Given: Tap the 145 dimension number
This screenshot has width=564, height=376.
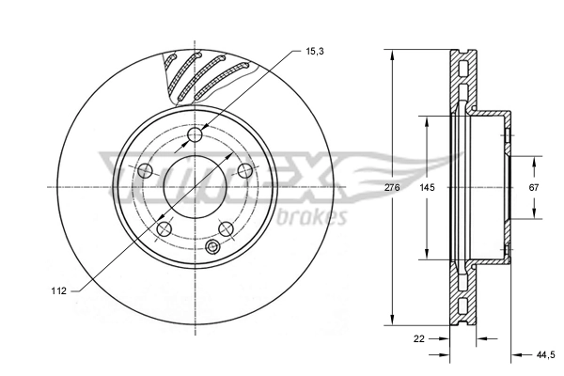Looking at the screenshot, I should [427, 188].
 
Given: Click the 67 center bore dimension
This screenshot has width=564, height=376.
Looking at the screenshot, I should [533, 188].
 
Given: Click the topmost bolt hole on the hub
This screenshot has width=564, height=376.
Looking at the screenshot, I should [196, 137].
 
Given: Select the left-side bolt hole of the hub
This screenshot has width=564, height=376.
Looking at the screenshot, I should [146, 171].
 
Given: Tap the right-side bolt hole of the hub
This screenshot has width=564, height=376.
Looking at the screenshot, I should [245, 171].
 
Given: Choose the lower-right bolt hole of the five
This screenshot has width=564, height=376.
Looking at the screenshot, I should [226, 228].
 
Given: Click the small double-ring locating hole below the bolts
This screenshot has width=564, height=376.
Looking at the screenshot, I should [212, 247].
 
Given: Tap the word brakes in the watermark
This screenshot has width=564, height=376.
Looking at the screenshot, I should [314, 217].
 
